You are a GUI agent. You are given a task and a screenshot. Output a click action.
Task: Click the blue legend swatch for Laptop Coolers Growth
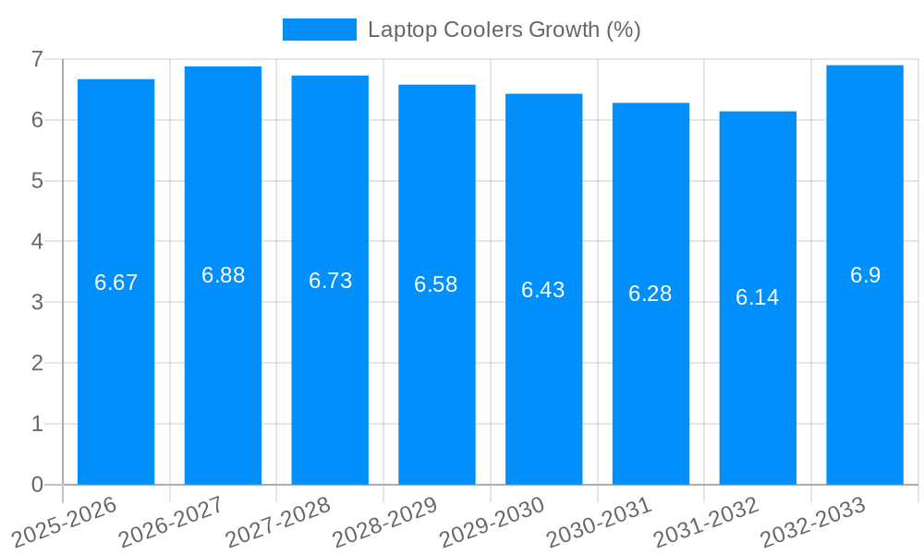[319, 30]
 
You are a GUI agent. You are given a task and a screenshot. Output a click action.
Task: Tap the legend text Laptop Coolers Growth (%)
[504, 30]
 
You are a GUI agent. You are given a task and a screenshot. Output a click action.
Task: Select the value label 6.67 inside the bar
[116, 283]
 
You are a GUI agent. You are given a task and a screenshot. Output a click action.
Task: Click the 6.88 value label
[223, 275]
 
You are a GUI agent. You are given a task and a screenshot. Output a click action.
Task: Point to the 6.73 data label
[330, 281]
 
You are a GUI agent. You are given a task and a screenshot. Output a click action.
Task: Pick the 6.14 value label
[757, 297]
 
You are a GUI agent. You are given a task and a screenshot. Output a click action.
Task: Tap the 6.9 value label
[865, 275]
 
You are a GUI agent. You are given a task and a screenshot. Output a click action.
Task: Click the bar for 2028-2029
[437, 369]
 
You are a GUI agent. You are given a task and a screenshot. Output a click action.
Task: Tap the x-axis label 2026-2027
[173, 520]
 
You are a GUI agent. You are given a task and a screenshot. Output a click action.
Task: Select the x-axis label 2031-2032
[708, 520]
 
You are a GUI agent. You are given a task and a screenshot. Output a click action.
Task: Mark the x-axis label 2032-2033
[814, 520]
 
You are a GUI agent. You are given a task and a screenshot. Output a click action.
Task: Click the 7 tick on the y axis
[37, 59]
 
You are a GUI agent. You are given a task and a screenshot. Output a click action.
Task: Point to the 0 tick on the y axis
[37, 485]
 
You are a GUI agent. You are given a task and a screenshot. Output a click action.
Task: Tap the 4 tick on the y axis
[37, 242]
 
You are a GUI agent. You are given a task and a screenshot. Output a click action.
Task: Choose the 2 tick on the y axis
[37, 363]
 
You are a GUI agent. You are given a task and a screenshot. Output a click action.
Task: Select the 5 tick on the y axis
[37, 181]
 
